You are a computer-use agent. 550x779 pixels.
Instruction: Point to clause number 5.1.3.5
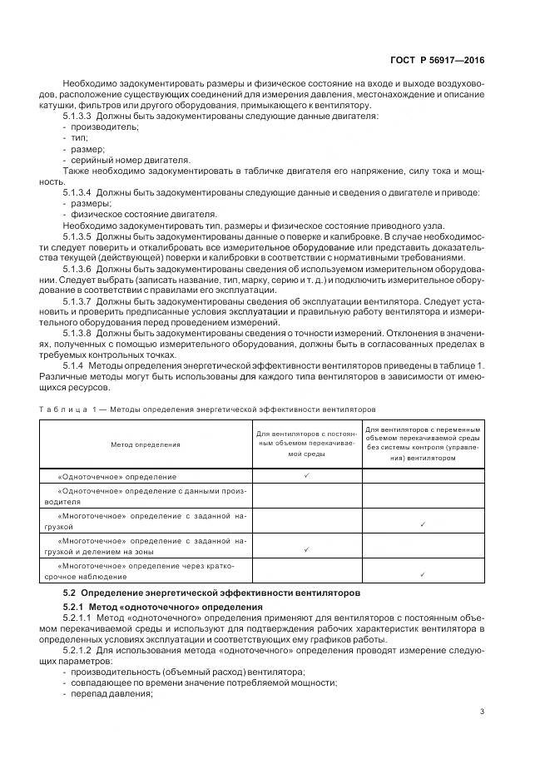point(77,237)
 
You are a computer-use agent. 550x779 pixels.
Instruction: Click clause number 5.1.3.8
point(77,333)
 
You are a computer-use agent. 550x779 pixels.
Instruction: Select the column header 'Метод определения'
point(146,444)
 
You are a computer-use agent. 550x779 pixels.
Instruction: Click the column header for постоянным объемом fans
point(307,444)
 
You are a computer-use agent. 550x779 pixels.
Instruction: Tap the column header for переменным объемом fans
point(424,444)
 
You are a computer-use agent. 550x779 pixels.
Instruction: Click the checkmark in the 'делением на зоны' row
point(307,549)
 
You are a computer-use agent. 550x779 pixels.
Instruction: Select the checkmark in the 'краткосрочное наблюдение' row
point(424,574)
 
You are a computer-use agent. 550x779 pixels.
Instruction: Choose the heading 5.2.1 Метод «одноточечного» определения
point(163,608)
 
